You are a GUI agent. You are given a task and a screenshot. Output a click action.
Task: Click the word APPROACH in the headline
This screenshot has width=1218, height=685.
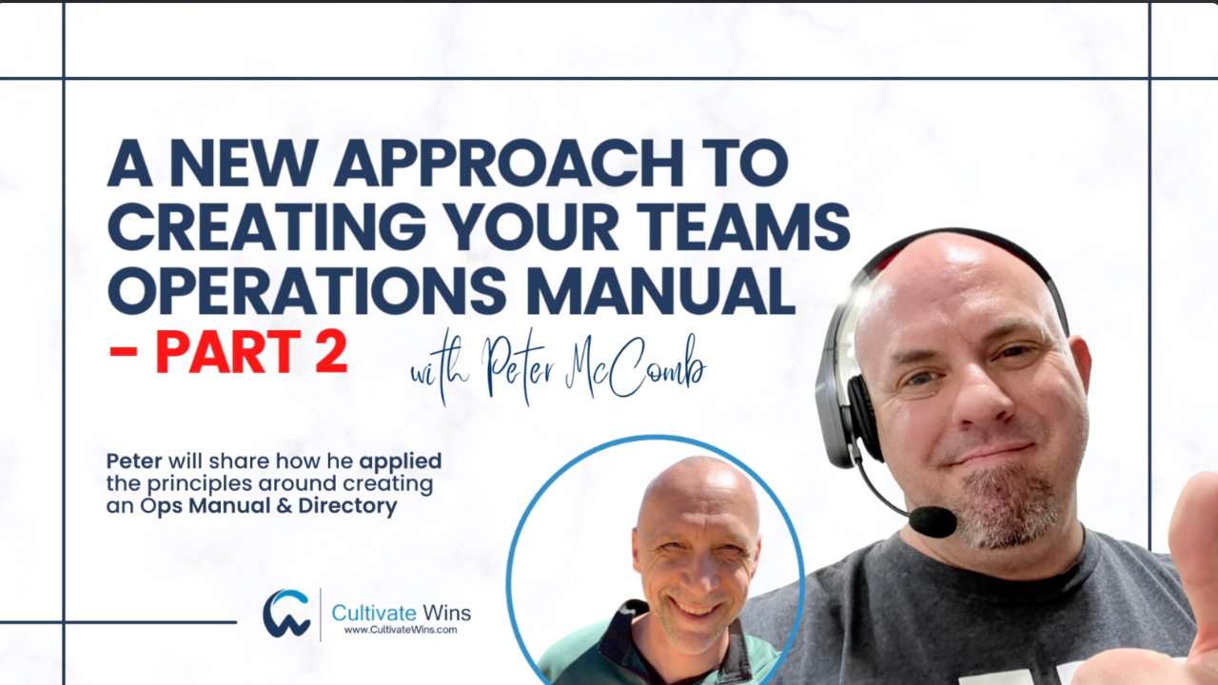(x=508, y=164)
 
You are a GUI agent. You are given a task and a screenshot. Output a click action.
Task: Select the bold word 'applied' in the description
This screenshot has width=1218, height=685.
(x=401, y=462)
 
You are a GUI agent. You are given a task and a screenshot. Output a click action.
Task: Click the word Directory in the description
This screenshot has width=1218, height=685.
(x=347, y=506)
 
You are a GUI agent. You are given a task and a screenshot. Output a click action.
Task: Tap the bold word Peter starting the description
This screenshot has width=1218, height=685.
(x=134, y=461)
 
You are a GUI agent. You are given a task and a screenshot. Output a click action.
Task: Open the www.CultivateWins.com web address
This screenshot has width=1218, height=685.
(x=401, y=630)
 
